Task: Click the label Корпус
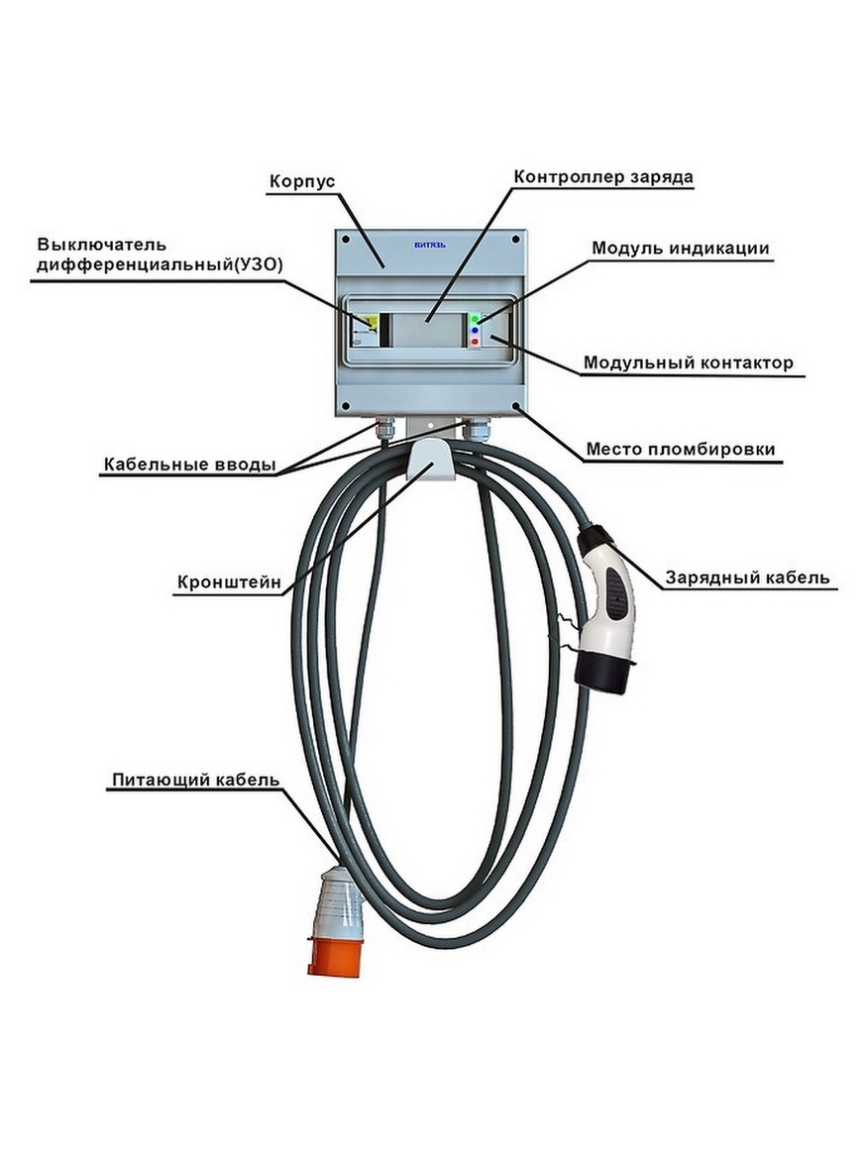(x=303, y=182)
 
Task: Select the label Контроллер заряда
(x=602, y=177)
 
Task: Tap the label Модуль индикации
(x=681, y=248)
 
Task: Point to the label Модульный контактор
(x=688, y=364)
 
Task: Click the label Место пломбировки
(x=680, y=450)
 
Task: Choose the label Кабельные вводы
(x=189, y=465)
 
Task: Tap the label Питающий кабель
(x=195, y=780)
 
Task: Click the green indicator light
(x=475, y=318)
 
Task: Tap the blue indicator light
(x=475, y=330)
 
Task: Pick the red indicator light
(x=475, y=342)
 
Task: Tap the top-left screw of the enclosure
(x=345, y=240)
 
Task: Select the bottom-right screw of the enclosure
(x=515, y=405)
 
